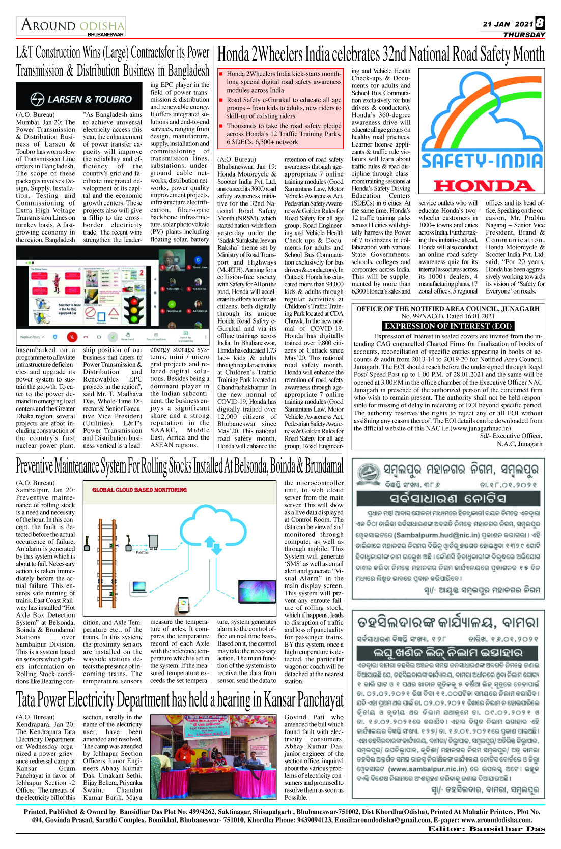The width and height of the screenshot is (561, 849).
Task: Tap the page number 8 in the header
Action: (x=540, y=23)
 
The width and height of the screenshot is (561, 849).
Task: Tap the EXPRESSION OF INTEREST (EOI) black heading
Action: (x=448, y=326)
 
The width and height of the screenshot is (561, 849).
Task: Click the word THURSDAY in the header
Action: (x=524, y=35)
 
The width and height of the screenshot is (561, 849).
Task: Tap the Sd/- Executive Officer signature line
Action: (x=511, y=436)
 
